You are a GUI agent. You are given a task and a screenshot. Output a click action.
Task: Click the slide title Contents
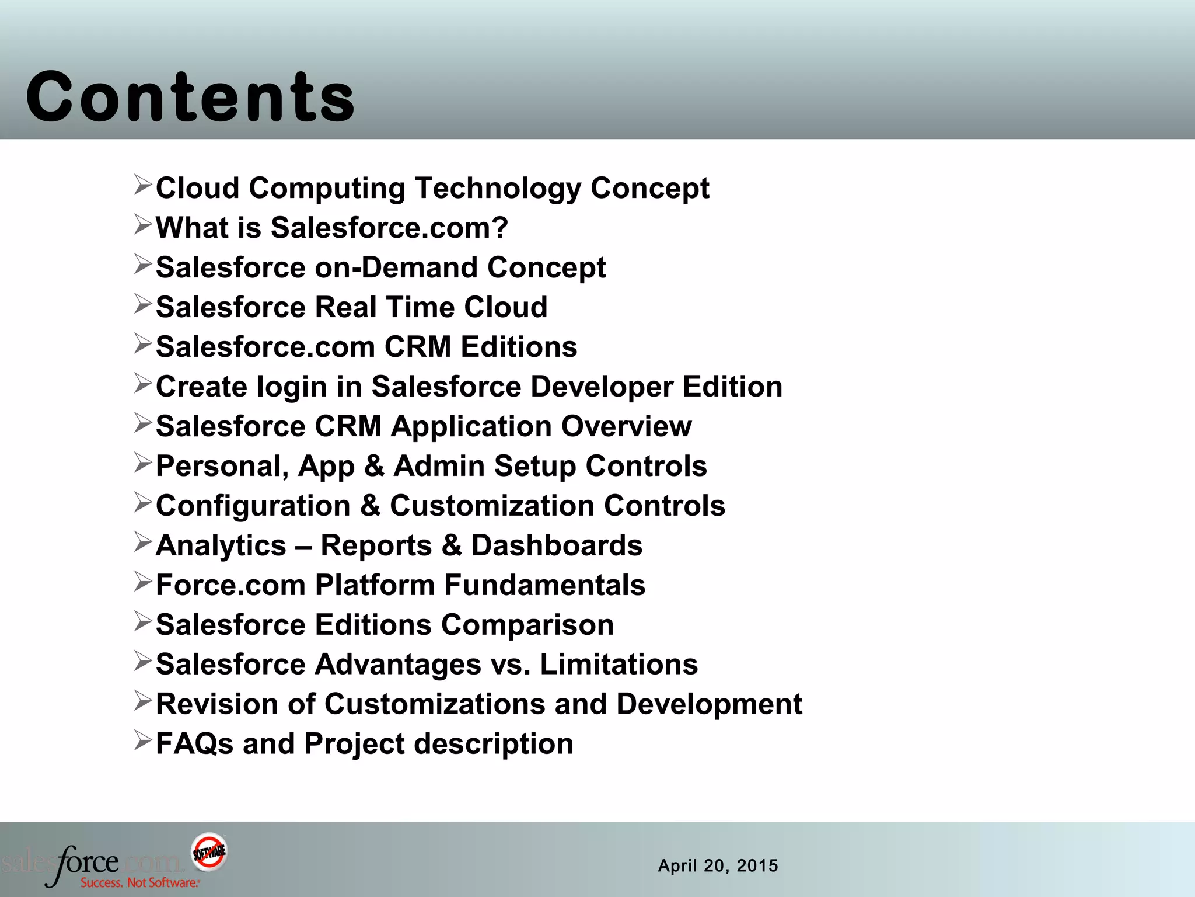(x=190, y=97)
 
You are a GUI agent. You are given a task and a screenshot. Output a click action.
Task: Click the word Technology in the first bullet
(x=498, y=189)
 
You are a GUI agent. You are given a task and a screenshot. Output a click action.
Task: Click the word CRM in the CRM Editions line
(x=418, y=347)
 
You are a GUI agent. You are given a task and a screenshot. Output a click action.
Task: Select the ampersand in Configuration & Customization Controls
(x=370, y=506)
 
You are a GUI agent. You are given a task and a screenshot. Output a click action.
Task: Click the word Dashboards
(x=557, y=545)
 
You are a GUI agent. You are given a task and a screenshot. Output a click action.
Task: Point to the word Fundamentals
(x=544, y=585)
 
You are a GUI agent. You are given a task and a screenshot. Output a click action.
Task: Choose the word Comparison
(x=527, y=625)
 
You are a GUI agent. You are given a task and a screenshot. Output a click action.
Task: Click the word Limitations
(x=619, y=665)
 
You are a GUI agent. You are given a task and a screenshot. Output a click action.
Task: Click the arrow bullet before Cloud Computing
(x=142, y=185)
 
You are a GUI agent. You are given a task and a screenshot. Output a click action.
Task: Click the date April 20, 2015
(x=718, y=865)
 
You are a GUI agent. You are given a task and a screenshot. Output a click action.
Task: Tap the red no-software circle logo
(x=209, y=851)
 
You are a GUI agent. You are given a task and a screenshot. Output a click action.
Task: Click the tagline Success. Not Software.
(x=140, y=882)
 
